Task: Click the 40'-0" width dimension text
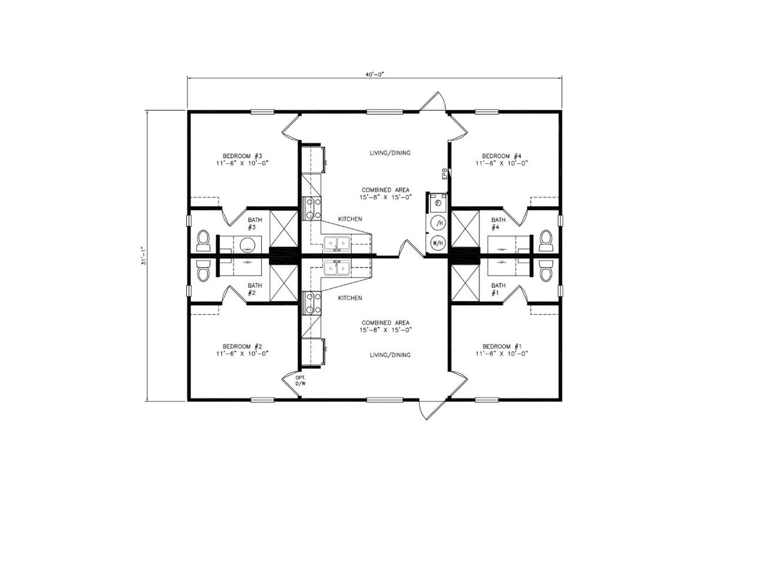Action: (375, 74)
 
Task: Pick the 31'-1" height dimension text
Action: (143, 256)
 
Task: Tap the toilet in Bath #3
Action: (203, 240)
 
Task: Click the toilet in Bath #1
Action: (546, 271)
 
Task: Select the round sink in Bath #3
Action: (248, 245)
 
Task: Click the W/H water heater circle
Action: (438, 243)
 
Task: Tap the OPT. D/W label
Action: (301, 380)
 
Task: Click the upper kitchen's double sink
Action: (337, 243)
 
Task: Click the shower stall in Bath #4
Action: (465, 229)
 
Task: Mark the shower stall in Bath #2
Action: (284, 283)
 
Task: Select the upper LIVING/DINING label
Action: (390, 153)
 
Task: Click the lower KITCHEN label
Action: (350, 297)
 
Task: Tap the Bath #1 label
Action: (498, 289)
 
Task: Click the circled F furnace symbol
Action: (438, 203)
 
